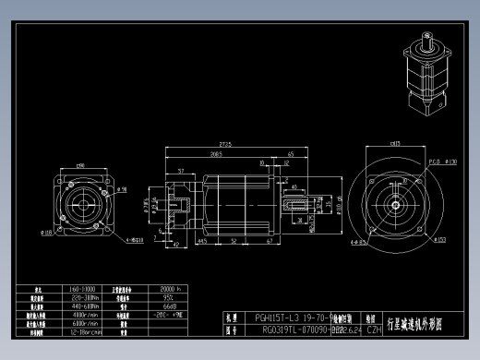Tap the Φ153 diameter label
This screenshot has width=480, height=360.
click(440, 240)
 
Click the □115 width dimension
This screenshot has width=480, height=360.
click(395, 144)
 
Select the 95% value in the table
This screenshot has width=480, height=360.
click(168, 297)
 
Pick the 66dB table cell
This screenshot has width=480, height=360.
click(168, 306)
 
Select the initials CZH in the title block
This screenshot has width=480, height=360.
click(374, 329)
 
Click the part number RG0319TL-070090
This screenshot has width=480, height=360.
click(289, 329)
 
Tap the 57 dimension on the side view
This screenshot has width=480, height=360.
click(180, 171)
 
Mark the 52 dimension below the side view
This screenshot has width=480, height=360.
click(234, 240)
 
